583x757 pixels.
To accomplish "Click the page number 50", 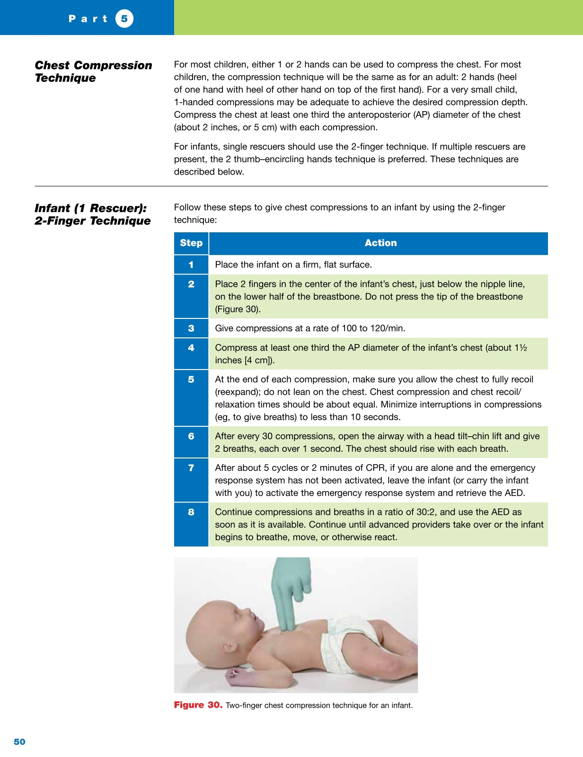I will click(x=19, y=741).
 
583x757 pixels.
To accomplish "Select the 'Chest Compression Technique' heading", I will click(x=93, y=71).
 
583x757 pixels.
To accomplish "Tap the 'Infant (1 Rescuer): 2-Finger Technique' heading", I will click(x=92, y=214).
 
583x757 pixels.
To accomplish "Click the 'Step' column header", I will click(x=191, y=243).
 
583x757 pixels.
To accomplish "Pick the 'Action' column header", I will click(x=380, y=243).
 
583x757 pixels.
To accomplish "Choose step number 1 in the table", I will click(x=191, y=265).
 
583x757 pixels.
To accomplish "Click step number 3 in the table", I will click(x=191, y=328).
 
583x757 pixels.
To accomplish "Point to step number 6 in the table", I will click(x=191, y=436).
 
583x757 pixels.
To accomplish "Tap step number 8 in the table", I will click(x=191, y=512).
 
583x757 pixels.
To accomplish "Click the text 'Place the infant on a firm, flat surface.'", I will click(x=293, y=265).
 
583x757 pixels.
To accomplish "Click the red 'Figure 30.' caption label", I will click(x=198, y=705).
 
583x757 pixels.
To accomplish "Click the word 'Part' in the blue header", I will click(x=88, y=19).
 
